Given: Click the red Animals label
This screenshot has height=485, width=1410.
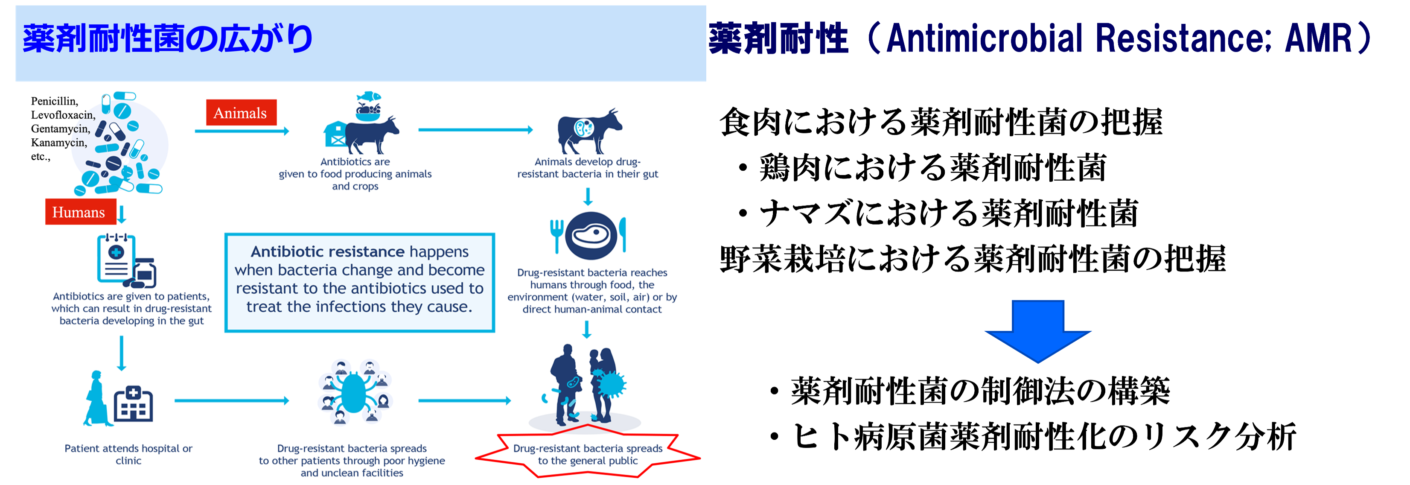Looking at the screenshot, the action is tap(241, 113).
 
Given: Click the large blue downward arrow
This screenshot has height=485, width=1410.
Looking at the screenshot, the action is tap(1038, 331).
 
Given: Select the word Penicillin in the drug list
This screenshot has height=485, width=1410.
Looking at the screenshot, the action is tap(54, 101).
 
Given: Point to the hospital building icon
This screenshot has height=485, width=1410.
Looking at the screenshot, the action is tap(133, 403).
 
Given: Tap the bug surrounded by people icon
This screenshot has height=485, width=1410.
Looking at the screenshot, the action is tap(355, 392).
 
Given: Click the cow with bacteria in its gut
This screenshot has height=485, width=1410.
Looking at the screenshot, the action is tap(589, 131).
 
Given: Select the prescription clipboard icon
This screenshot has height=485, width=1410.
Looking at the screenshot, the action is tap(117, 258).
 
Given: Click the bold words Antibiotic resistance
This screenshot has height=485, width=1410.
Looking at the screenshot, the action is tap(327, 252).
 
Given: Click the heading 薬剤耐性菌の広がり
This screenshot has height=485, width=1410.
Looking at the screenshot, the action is tap(167, 39).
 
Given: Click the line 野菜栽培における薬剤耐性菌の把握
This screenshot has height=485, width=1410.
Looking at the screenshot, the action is tap(973, 259).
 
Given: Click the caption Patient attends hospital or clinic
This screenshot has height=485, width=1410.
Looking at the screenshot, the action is tap(128, 454).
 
